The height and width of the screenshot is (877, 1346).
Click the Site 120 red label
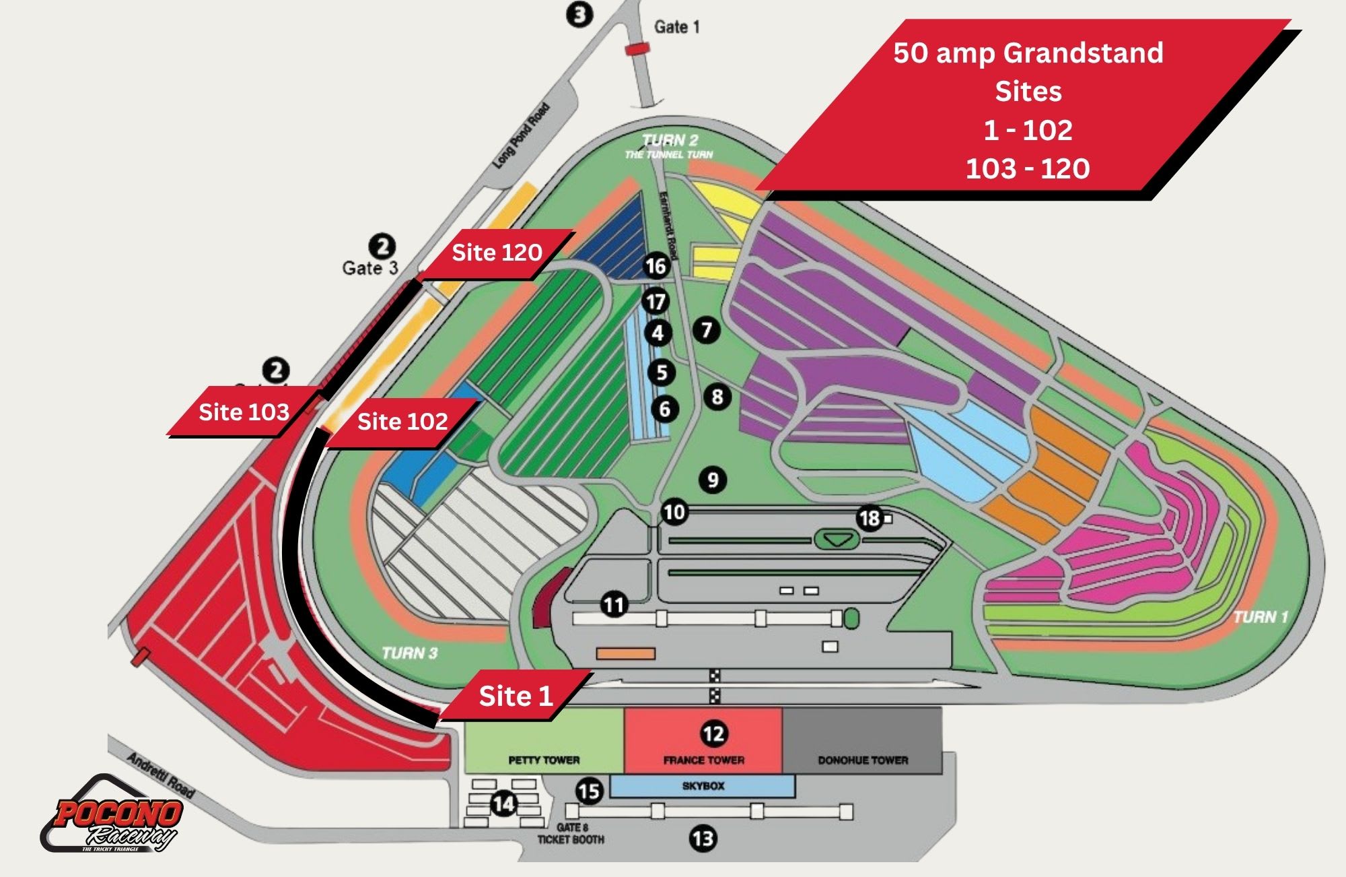497,253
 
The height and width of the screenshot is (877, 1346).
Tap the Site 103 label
244,412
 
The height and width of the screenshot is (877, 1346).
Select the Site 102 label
402,422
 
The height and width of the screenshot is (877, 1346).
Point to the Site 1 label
516,696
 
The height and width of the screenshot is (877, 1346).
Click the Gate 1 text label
676,27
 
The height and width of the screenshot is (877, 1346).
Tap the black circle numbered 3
579,14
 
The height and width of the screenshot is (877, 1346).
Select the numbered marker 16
656,266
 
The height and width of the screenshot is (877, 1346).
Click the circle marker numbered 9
713,480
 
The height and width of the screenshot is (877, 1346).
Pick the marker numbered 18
869,518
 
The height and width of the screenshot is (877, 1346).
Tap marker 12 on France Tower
713,734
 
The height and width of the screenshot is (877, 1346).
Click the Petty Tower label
544,760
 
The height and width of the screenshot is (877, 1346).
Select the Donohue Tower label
863,760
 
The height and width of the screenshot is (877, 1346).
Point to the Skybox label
703,786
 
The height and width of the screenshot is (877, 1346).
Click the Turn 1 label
1261,617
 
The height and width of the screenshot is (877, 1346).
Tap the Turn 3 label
409,653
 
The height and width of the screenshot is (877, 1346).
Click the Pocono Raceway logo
113,816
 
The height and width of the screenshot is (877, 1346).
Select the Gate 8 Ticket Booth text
571,833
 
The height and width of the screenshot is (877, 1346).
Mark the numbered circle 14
503,803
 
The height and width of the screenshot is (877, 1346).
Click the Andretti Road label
160,775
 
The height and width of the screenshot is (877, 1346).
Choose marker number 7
707,330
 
